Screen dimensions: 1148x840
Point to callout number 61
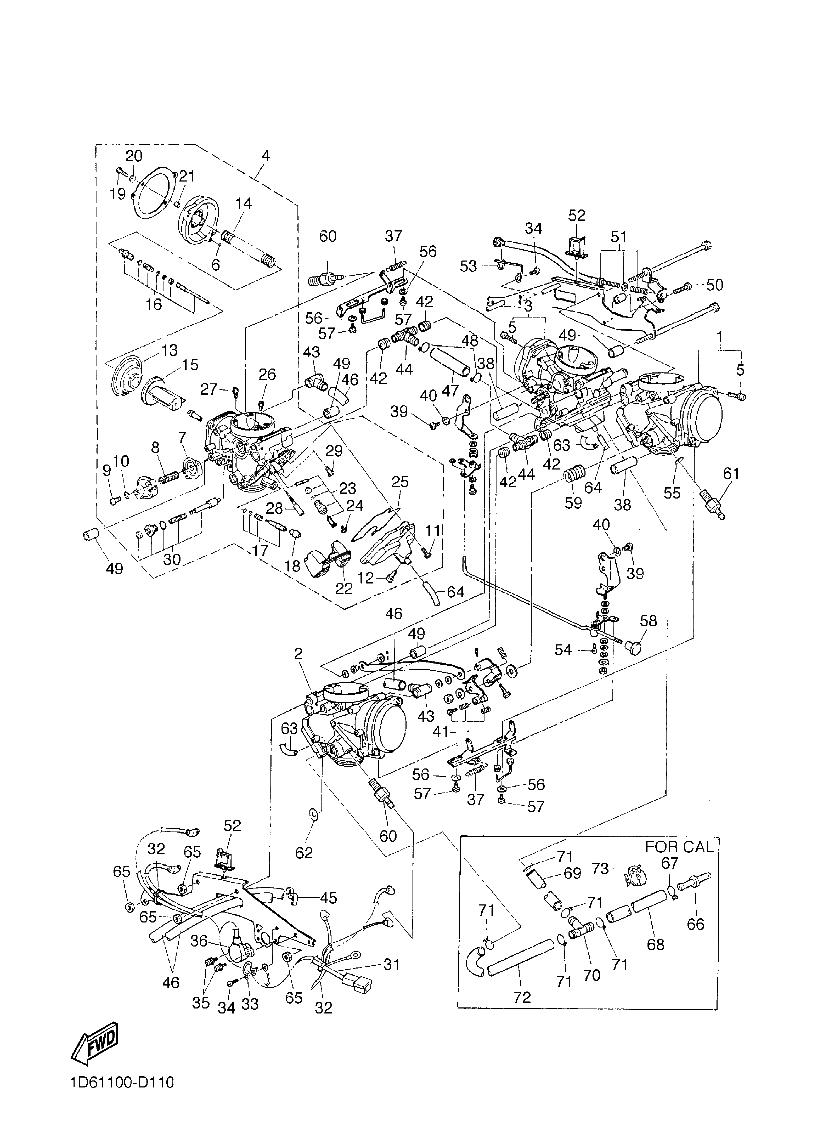(x=731, y=474)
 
